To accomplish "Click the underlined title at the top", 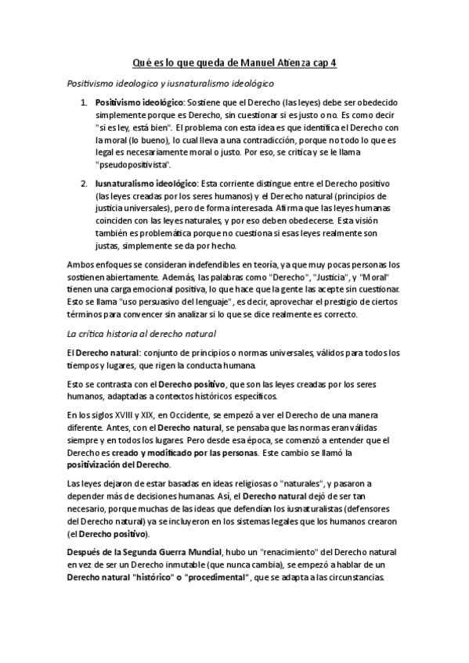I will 233,63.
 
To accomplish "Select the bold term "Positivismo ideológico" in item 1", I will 138,102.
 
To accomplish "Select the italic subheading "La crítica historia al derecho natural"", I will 137,334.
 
